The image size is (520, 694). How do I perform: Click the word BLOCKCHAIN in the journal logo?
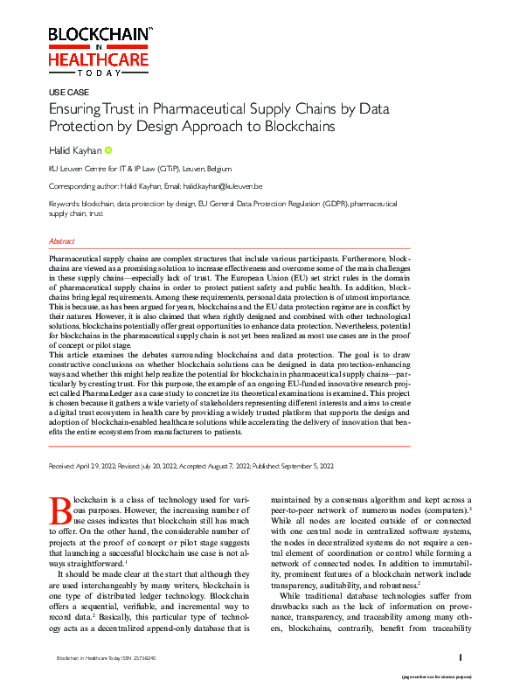[99, 34]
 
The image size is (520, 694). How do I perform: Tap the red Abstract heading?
[61, 241]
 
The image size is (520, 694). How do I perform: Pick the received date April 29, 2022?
[100, 466]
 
